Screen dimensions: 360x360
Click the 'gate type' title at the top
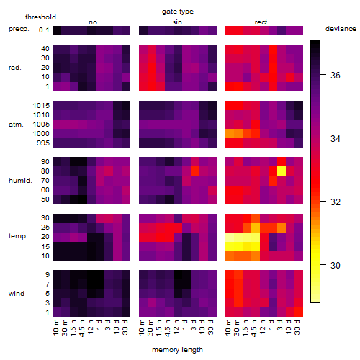click(x=178, y=12)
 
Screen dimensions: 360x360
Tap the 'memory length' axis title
click(x=177, y=350)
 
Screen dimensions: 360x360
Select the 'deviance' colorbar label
click(x=341, y=29)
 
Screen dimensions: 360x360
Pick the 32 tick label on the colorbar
click(x=336, y=202)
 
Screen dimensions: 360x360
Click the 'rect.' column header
click(x=262, y=22)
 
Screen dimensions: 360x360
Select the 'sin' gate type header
click(x=177, y=22)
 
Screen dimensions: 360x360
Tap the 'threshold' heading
click(x=40, y=17)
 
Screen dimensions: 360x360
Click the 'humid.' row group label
click(x=20, y=181)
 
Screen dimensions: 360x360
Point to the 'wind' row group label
click(x=17, y=294)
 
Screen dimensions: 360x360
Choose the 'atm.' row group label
click(x=16, y=125)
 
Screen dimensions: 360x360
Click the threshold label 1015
click(x=41, y=106)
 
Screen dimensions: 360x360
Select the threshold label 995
click(x=43, y=143)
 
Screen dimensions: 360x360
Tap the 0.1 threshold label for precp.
click(x=44, y=30)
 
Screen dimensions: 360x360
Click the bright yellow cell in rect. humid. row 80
click(x=282, y=171)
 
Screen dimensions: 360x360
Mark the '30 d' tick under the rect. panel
click(x=297, y=327)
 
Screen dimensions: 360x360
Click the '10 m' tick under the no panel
click(x=55, y=328)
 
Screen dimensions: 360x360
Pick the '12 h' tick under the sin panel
click(x=176, y=327)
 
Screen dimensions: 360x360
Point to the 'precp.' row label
click(x=19, y=29)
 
